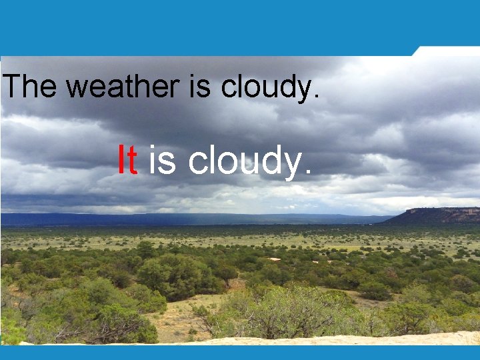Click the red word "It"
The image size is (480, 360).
[x=127, y=161]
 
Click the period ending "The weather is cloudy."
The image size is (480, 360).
[x=315, y=97]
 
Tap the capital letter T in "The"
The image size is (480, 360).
[x=13, y=87]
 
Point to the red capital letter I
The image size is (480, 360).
[x=121, y=161]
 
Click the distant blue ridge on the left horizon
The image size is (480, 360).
[x=100, y=219]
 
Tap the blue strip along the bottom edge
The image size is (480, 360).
[x=240, y=353]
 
